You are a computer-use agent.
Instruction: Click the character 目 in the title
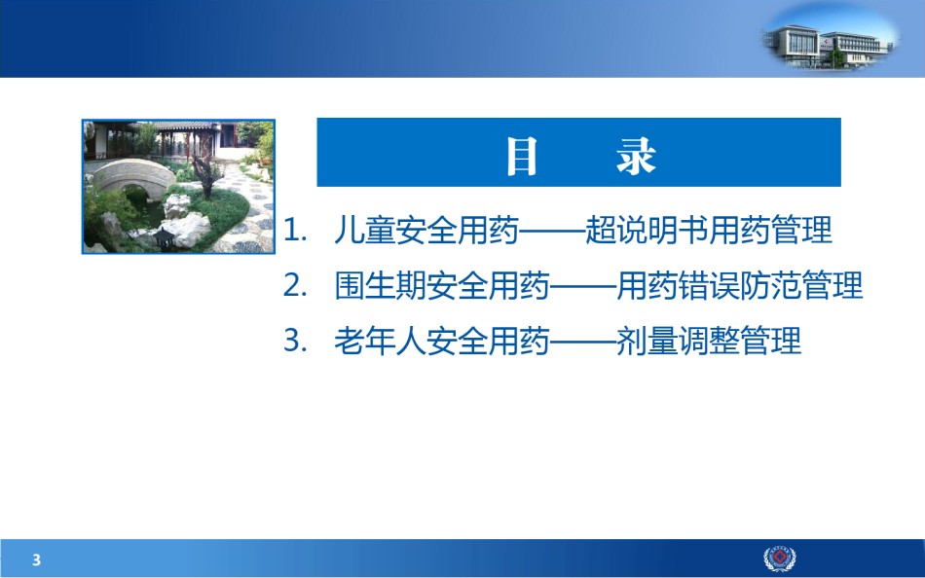click(522, 156)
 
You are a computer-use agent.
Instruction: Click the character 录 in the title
click(636, 156)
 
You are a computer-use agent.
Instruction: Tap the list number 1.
click(294, 230)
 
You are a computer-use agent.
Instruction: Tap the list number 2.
click(294, 285)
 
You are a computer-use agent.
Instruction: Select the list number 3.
click(294, 341)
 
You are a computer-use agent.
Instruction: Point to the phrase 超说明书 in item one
click(647, 230)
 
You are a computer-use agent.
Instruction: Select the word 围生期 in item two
click(380, 285)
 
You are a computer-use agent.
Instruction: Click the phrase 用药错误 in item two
click(678, 285)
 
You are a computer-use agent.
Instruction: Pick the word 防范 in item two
click(770, 285)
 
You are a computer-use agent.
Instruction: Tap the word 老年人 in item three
click(380, 341)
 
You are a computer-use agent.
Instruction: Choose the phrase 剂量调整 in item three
click(678, 341)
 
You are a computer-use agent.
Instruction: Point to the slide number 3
click(37, 560)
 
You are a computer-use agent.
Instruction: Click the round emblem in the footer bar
click(780, 559)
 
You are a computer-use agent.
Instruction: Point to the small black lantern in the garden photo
click(164, 238)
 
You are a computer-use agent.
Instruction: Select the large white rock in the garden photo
click(188, 229)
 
